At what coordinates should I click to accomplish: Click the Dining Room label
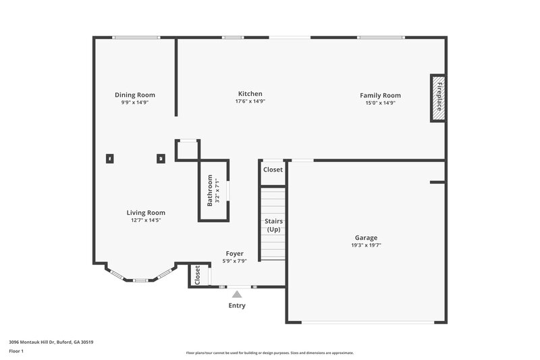(x=134, y=95)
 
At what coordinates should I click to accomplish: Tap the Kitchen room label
(x=250, y=94)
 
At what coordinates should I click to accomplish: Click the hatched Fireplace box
(x=438, y=98)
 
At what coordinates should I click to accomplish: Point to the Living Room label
(x=146, y=213)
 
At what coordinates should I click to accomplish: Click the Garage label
(x=366, y=238)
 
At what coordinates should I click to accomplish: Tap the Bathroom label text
(x=210, y=191)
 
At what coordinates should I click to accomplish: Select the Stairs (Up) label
(x=273, y=225)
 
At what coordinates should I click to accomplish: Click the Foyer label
(x=234, y=254)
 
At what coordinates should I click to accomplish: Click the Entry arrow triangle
(x=236, y=294)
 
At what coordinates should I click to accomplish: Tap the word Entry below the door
(x=236, y=306)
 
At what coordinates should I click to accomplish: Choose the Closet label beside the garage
(x=273, y=170)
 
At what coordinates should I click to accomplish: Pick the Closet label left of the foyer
(x=198, y=275)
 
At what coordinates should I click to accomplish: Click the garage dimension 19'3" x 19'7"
(x=366, y=245)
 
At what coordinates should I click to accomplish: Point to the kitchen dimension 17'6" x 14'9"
(x=250, y=101)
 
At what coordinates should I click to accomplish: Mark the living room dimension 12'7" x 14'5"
(x=146, y=220)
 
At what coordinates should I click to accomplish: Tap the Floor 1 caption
(x=16, y=351)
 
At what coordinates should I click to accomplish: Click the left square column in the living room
(x=110, y=159)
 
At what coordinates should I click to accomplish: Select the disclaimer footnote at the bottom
(x=269, y=353)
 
